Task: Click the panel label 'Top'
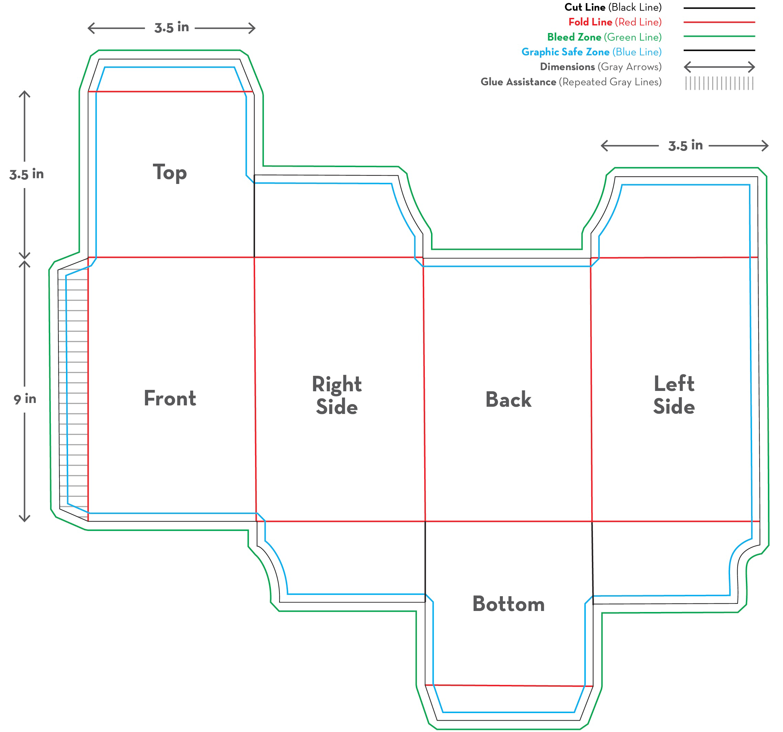[x=170, y=173]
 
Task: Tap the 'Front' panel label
[x=170, y=398]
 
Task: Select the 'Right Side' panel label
[x=337, y=395]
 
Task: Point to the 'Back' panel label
[x=508, y=400]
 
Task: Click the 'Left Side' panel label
[x=674, y=395]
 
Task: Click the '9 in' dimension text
[x=25, y=399]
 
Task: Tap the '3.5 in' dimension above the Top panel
[x=172, y=28]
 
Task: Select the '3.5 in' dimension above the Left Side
[x=685, y=145]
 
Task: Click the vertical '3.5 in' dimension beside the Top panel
[x=26, y=174]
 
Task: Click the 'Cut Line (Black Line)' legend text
[x=613, y=8]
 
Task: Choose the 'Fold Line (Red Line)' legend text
[x=615, y=22]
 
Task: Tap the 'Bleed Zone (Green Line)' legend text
[x=604, y=37]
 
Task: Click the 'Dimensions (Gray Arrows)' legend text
[x=600, y=67]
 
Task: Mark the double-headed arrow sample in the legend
[x=719, y=67]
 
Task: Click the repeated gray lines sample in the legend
[x=719, y=83]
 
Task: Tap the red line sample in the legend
[x=719, y=22]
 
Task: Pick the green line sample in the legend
[x=719, y=36]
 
